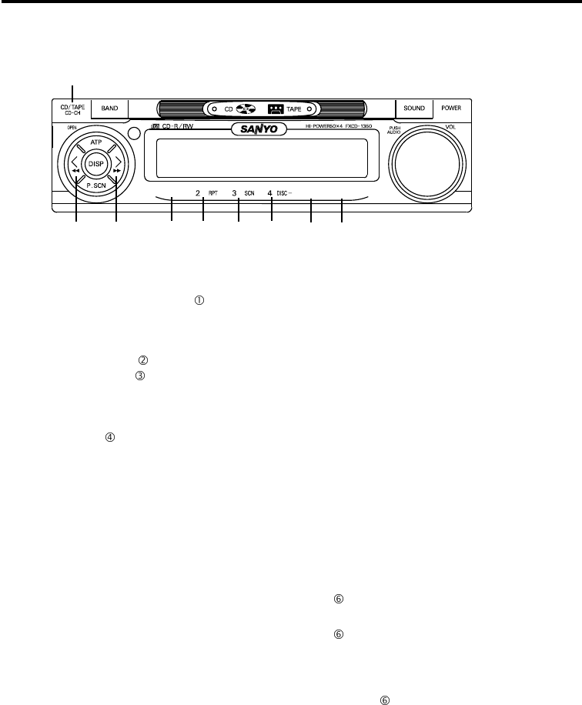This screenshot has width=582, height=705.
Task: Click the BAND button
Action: point(110,109)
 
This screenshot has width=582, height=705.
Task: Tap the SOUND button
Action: point(414,109)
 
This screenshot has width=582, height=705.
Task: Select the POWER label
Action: point(452,109)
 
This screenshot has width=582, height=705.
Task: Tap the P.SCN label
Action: point(97,186)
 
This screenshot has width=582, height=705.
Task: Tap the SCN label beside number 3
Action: point(249,193)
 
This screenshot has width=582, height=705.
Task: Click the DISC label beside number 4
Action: point(284,193)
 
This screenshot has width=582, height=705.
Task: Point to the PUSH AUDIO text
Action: point(395,130)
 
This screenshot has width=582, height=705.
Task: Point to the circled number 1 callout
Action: point(199,301)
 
